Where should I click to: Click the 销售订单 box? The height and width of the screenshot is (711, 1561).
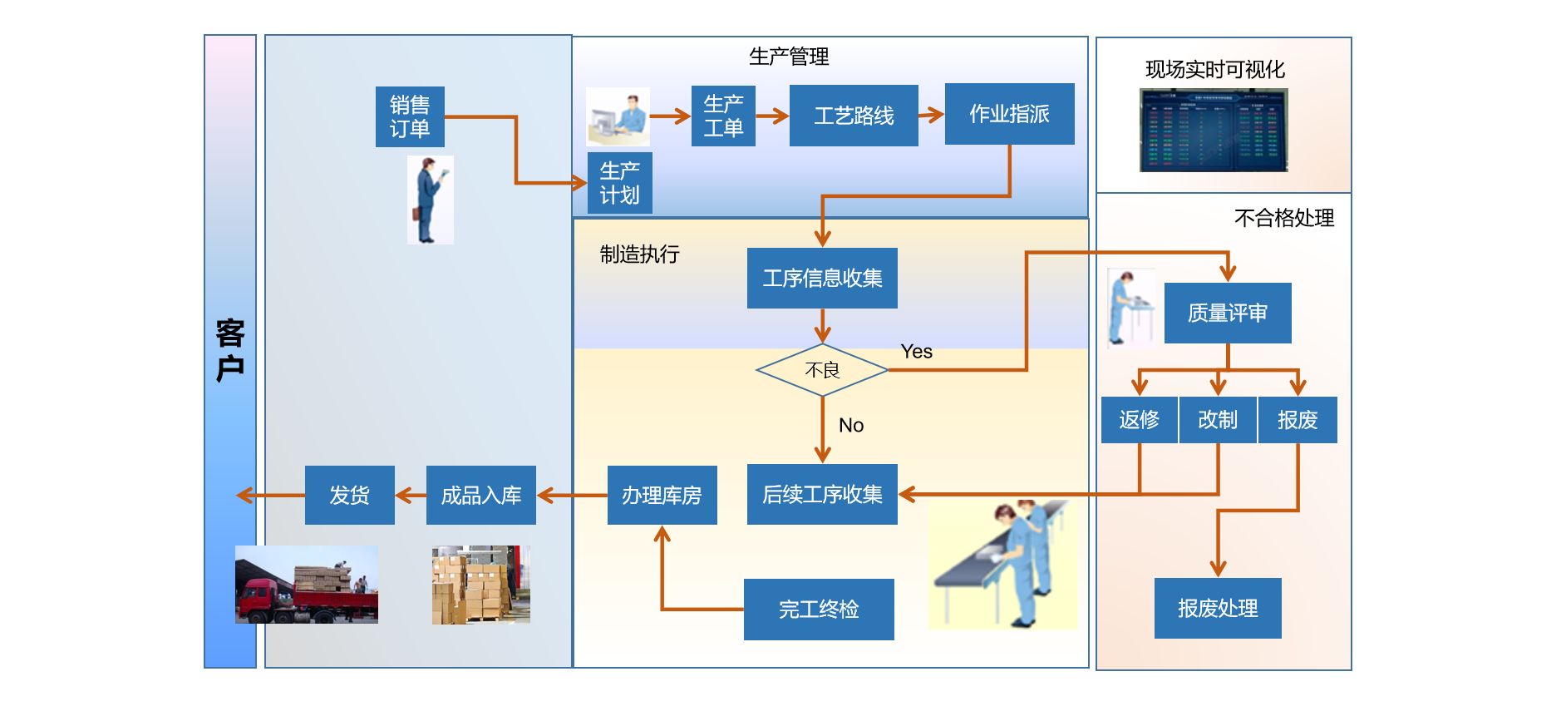(410, 116)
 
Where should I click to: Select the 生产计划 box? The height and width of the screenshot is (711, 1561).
(619, 183)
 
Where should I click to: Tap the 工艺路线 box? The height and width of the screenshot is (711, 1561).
(854, 116)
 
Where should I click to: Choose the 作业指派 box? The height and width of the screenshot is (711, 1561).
(1009, 114)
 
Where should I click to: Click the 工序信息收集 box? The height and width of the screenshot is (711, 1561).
(822, 279)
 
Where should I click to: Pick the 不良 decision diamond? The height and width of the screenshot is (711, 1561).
(822, 370)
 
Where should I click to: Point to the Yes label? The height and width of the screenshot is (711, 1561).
(916, 352)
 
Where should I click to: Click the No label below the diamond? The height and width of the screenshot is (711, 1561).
(851, 426)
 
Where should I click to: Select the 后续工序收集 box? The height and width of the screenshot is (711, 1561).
(822, 495)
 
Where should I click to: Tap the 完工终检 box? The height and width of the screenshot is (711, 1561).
(819, 610)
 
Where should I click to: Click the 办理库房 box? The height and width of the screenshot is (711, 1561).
(662, 496)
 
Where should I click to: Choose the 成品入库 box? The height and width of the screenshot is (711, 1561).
(481, 496)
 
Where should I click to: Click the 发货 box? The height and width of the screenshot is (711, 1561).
(349, 496)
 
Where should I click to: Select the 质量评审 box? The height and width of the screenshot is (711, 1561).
(1228, 314)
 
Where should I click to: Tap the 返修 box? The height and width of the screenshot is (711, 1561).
(1139, 420)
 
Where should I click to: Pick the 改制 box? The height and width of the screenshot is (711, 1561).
(1218, 420)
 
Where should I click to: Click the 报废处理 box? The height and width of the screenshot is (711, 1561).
(1218, 609)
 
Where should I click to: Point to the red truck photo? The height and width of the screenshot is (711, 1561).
(307, 585)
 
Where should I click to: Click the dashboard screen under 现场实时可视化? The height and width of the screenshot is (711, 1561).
(1214, 131)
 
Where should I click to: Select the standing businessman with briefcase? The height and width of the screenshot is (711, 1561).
(430, 200)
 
